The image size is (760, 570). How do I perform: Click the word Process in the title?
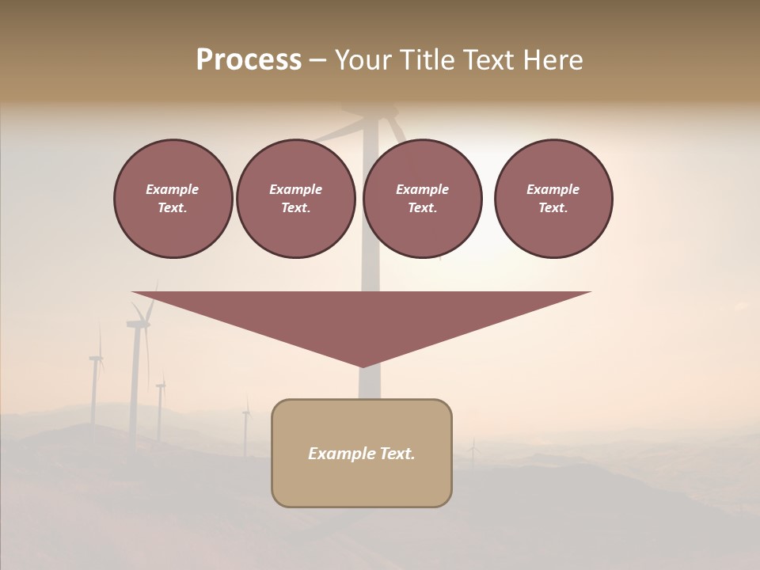249,60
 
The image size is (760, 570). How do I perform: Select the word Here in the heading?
553,60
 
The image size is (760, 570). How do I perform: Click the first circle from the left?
173,198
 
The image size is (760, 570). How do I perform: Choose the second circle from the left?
295,198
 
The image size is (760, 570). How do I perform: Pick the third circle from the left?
422,198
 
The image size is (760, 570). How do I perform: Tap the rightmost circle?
553,198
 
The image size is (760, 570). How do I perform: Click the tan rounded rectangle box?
362,475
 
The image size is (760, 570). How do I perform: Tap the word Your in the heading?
361,60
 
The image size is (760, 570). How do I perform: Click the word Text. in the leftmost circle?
173,208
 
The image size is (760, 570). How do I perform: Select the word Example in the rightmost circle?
553,189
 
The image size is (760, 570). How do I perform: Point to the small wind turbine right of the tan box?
473,453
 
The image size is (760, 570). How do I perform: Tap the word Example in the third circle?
422,189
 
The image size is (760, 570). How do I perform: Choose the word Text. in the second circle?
295,208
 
